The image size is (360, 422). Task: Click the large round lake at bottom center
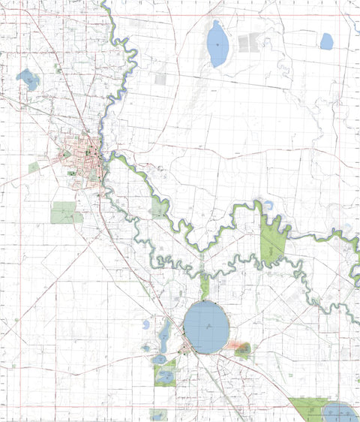(x=205, y=327)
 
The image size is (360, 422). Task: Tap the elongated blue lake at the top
(x=217, y=44)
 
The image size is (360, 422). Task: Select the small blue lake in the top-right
(x=326, y=41)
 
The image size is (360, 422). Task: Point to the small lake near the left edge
(x=28, y=79)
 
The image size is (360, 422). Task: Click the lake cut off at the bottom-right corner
(x=340, y=411)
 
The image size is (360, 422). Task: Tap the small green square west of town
(x=34, y=167)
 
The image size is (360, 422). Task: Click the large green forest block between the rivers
(x=273, y=242)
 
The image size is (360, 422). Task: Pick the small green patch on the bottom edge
(x=158, y=414)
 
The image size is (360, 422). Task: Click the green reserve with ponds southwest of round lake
(x=165, y=372)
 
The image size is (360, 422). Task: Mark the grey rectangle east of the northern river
(x=160, y=78)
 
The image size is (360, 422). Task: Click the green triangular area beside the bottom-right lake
(x=309, y=406)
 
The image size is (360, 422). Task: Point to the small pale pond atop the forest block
(x=268, y=203)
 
